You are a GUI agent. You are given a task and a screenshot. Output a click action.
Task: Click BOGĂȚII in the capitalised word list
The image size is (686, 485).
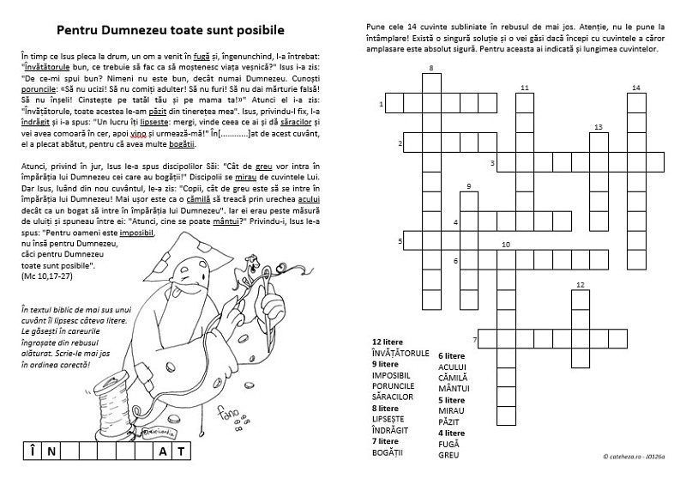(388, 452)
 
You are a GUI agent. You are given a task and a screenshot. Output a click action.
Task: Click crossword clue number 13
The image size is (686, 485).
(598, 126)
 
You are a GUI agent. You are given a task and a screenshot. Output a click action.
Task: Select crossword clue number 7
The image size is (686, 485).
(474, 338)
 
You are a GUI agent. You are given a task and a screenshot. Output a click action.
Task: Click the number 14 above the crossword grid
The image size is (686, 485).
(635, 88)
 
